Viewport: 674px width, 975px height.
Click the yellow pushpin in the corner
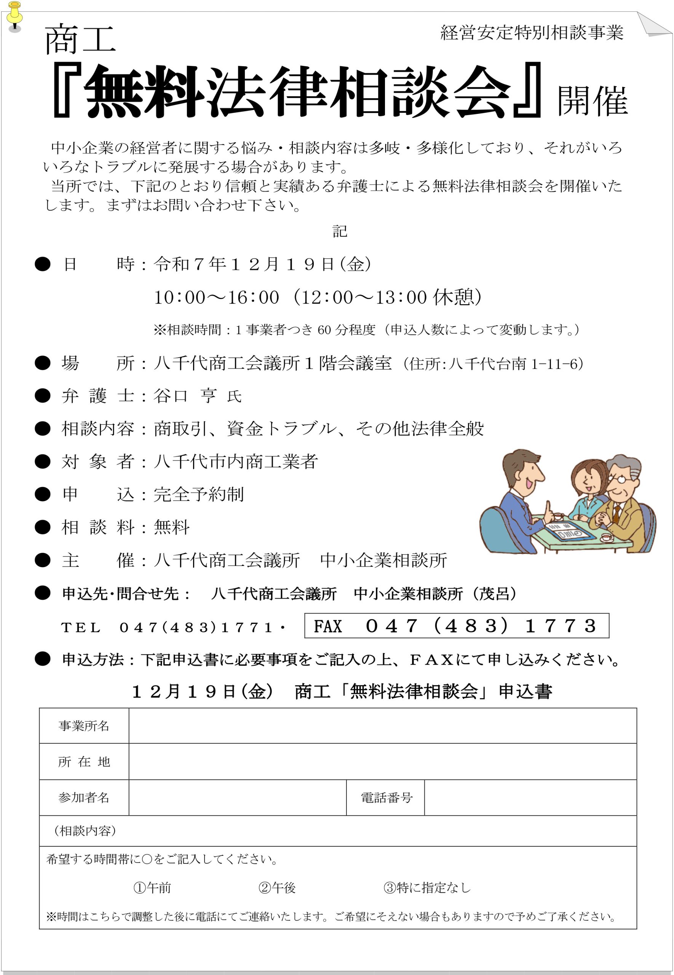[x=14, y=15]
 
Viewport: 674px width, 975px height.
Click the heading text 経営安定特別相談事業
[x=532, y=32]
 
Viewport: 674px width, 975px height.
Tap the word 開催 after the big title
[x=592, y=101]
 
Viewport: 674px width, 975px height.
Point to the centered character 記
[x=340, y=231]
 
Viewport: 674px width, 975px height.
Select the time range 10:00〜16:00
[x=216, y=297]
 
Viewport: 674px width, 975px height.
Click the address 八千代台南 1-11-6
[x=516, y=364]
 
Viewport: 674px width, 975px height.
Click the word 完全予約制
[x=198, y=494]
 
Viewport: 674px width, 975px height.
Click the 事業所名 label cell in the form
[x=84, y=726]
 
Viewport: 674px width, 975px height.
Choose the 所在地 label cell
[x=84, y=762]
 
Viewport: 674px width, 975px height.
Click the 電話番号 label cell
[x=386, y=798]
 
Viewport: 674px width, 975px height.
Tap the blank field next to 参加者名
[x=237, y=798]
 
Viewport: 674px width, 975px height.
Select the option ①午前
[x=152, y=887]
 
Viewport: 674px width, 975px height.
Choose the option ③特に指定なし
[x=427, y=887]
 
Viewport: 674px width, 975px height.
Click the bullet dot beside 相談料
[x=43, y=527]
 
